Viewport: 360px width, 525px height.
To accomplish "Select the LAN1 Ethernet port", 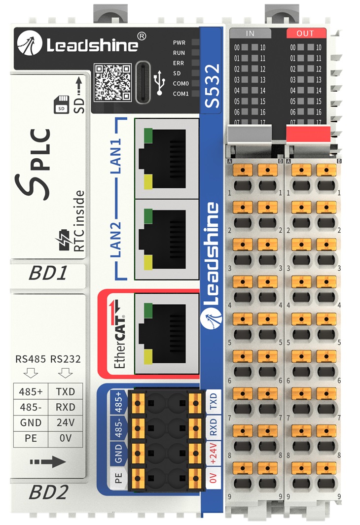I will pos(167,157).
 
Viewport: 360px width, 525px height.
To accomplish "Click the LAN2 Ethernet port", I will pos(167,239).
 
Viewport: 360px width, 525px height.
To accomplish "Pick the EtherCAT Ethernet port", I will pos(167,329).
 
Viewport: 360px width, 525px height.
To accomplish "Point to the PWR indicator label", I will pos(179,43).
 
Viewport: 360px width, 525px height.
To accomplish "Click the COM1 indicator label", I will pos(180,93).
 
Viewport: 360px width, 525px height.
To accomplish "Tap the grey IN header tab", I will pos(250,34).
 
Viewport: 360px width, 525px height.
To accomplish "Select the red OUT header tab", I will pos(306,34).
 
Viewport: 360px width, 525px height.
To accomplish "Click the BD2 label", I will pos(48,492).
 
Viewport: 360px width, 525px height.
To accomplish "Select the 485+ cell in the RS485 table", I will pos(31,392).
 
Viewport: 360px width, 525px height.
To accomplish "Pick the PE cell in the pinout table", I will pos(31,438).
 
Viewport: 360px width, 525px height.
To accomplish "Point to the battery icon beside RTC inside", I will pos(64,240).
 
